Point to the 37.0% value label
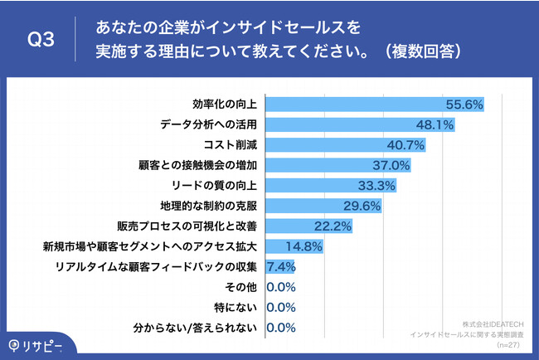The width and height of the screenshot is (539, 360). [x=393, y=165]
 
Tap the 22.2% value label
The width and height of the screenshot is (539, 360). [x=334, y=226]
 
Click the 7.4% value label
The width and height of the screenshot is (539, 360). [x=280, y=266]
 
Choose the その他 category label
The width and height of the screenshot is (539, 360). [x=245, y=287]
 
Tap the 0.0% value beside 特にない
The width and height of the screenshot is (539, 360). [x=281, y=307]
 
